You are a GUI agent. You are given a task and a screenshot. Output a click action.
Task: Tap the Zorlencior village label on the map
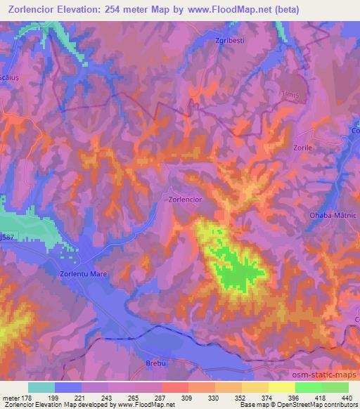(x=186, y=200)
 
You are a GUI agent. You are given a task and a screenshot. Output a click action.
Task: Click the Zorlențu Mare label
(x=83, y=273)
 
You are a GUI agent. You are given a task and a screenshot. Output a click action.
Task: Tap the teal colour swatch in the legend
(x=41, y=387)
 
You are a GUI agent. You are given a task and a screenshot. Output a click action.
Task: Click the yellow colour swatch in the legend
(x=281, y=387)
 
